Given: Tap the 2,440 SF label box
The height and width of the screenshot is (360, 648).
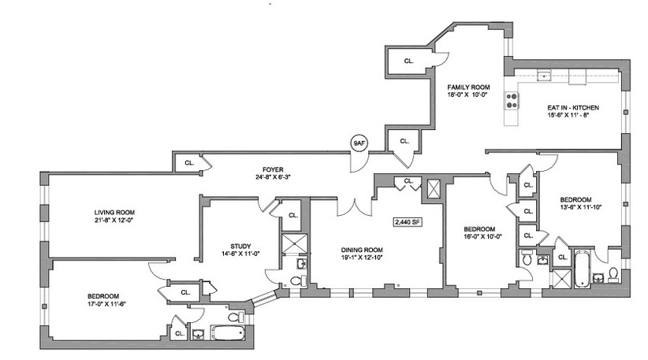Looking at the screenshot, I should click(407, 222).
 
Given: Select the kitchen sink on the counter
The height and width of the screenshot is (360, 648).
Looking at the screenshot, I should click(542, 76).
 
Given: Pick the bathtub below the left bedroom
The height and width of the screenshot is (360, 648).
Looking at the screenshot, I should click(227, 335).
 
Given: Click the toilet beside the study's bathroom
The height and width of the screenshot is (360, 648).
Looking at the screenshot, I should click(296, 280).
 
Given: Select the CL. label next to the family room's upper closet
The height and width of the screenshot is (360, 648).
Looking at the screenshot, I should click(408, 60).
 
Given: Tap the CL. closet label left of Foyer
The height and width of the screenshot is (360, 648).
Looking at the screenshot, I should click(189, 162).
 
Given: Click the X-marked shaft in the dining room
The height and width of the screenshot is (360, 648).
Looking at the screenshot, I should click(433, 189).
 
